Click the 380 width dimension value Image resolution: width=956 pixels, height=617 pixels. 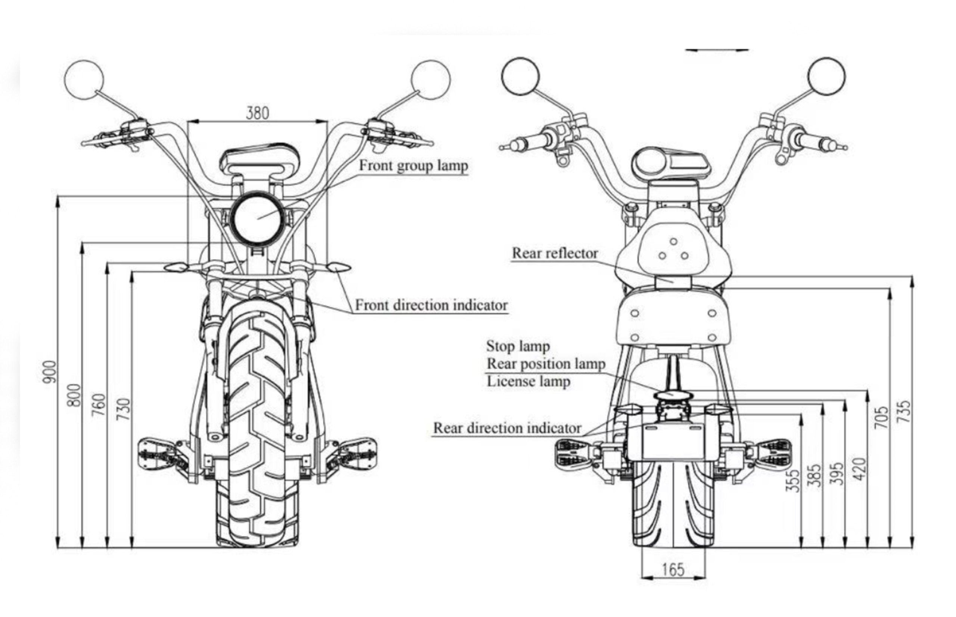pyautogui.click(x=257, y=113)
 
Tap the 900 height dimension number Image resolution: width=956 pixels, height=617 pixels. pyautogui.click(x=50, y=371)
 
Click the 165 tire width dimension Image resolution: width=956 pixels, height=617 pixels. pyautogui.click(x=673, y=569)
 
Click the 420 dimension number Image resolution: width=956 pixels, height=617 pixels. pyautogui.click(x=859, y=469)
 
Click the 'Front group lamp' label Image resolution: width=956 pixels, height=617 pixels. pyautogui.click(x=413, y=165)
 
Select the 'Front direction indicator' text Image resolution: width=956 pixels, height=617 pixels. pyautogui.click(x=431, y=305)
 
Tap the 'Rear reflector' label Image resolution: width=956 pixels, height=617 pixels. pyautogui.click(x=555, y=253)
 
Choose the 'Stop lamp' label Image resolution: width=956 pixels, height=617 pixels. pyautogui.click(x=518, y=346)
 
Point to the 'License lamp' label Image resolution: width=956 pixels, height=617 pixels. pyautogui.click(x=528, y=381)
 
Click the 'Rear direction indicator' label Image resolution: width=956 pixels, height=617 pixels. pyautogui.click(x=507, y=428)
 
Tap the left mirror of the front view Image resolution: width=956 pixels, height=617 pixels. pyautogui.click(x=84, y=80)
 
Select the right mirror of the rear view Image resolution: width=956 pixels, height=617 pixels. pyautogui.click(x=826, y=76)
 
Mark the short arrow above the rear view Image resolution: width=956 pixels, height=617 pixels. pyautogui.click(x=716, y=50)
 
